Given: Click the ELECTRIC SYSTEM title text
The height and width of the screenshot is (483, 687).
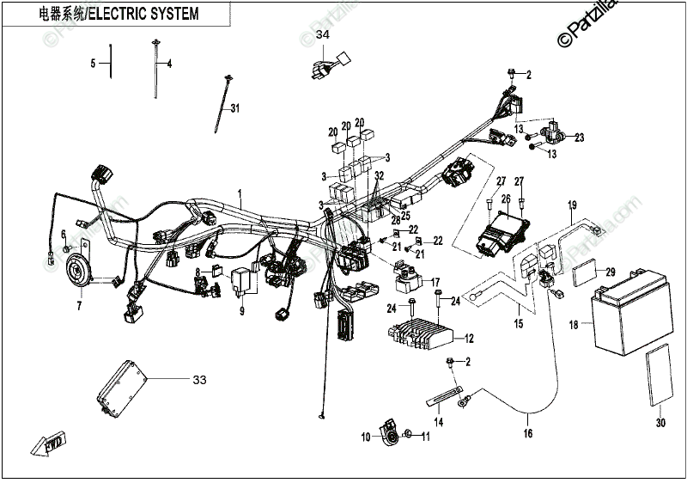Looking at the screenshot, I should coord(119,14).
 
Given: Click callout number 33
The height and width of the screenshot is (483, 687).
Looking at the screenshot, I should coord(199,379).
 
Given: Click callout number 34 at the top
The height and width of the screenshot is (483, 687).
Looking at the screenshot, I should coord(322,35).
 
